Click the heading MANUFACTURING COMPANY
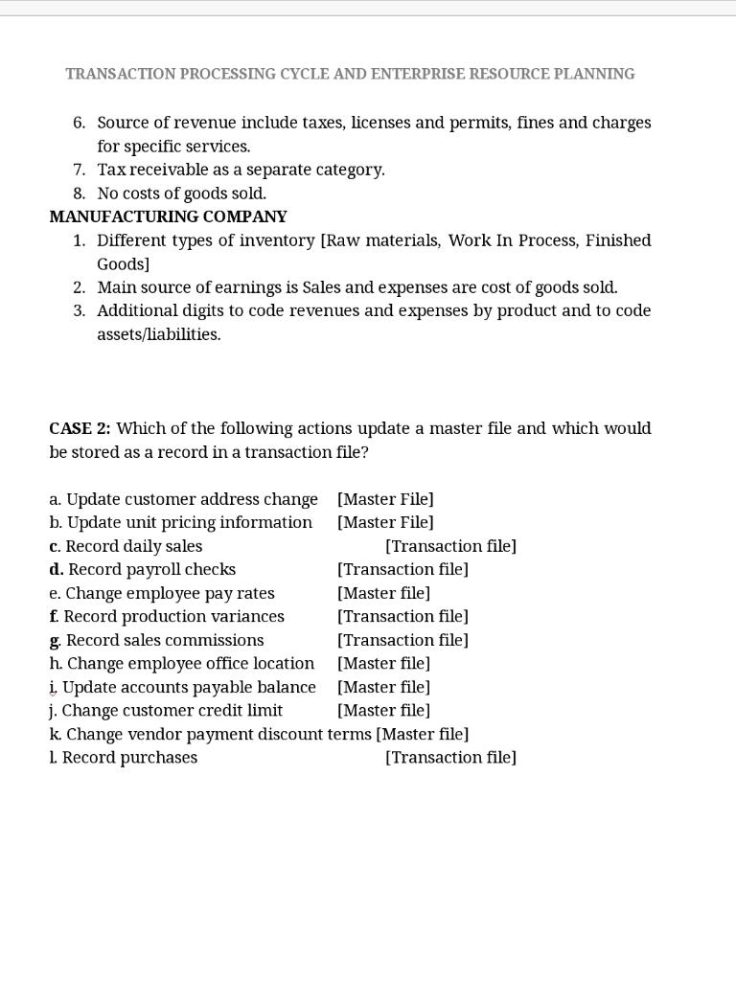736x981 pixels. [x=168, y=217]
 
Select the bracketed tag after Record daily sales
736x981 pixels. [x=450, y=546]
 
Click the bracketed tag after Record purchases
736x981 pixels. [x=450, y=758]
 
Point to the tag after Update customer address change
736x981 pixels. [x=385, y=499]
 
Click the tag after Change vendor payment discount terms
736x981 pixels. [x=423, y=734]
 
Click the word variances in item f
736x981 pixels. [x=248, y=616]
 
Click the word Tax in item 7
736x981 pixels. [x=112, y=170]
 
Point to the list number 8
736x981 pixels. [x=79, y=194]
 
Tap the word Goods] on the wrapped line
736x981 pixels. [x=123, y=263]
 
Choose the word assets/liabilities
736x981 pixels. [x=159, y=334]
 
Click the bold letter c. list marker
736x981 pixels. [x=55, y=546]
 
